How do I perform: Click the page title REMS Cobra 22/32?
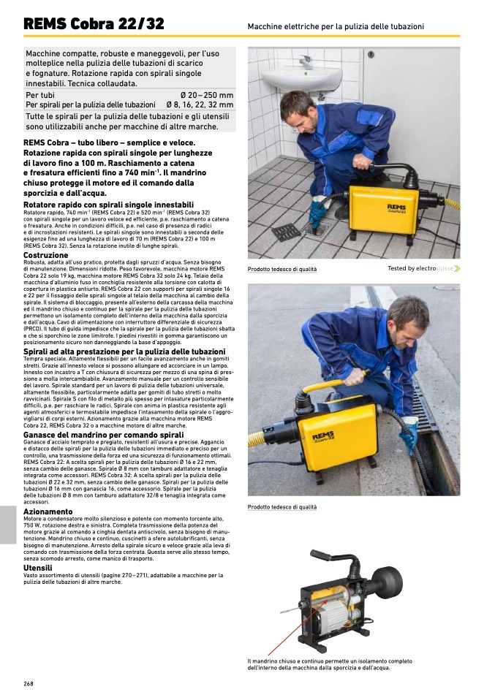point(94,23)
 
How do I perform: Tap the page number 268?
point(29,683)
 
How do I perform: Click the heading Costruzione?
point(46,255)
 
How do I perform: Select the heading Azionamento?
point(50,511)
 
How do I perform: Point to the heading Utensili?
point(38,568)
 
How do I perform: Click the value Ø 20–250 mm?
point(207,96)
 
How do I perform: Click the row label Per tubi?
point(40,96)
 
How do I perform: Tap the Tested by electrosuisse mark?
point(423,269)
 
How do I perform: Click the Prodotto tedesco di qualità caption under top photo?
point(282,269)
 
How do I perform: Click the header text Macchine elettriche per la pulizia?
point(336,26)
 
